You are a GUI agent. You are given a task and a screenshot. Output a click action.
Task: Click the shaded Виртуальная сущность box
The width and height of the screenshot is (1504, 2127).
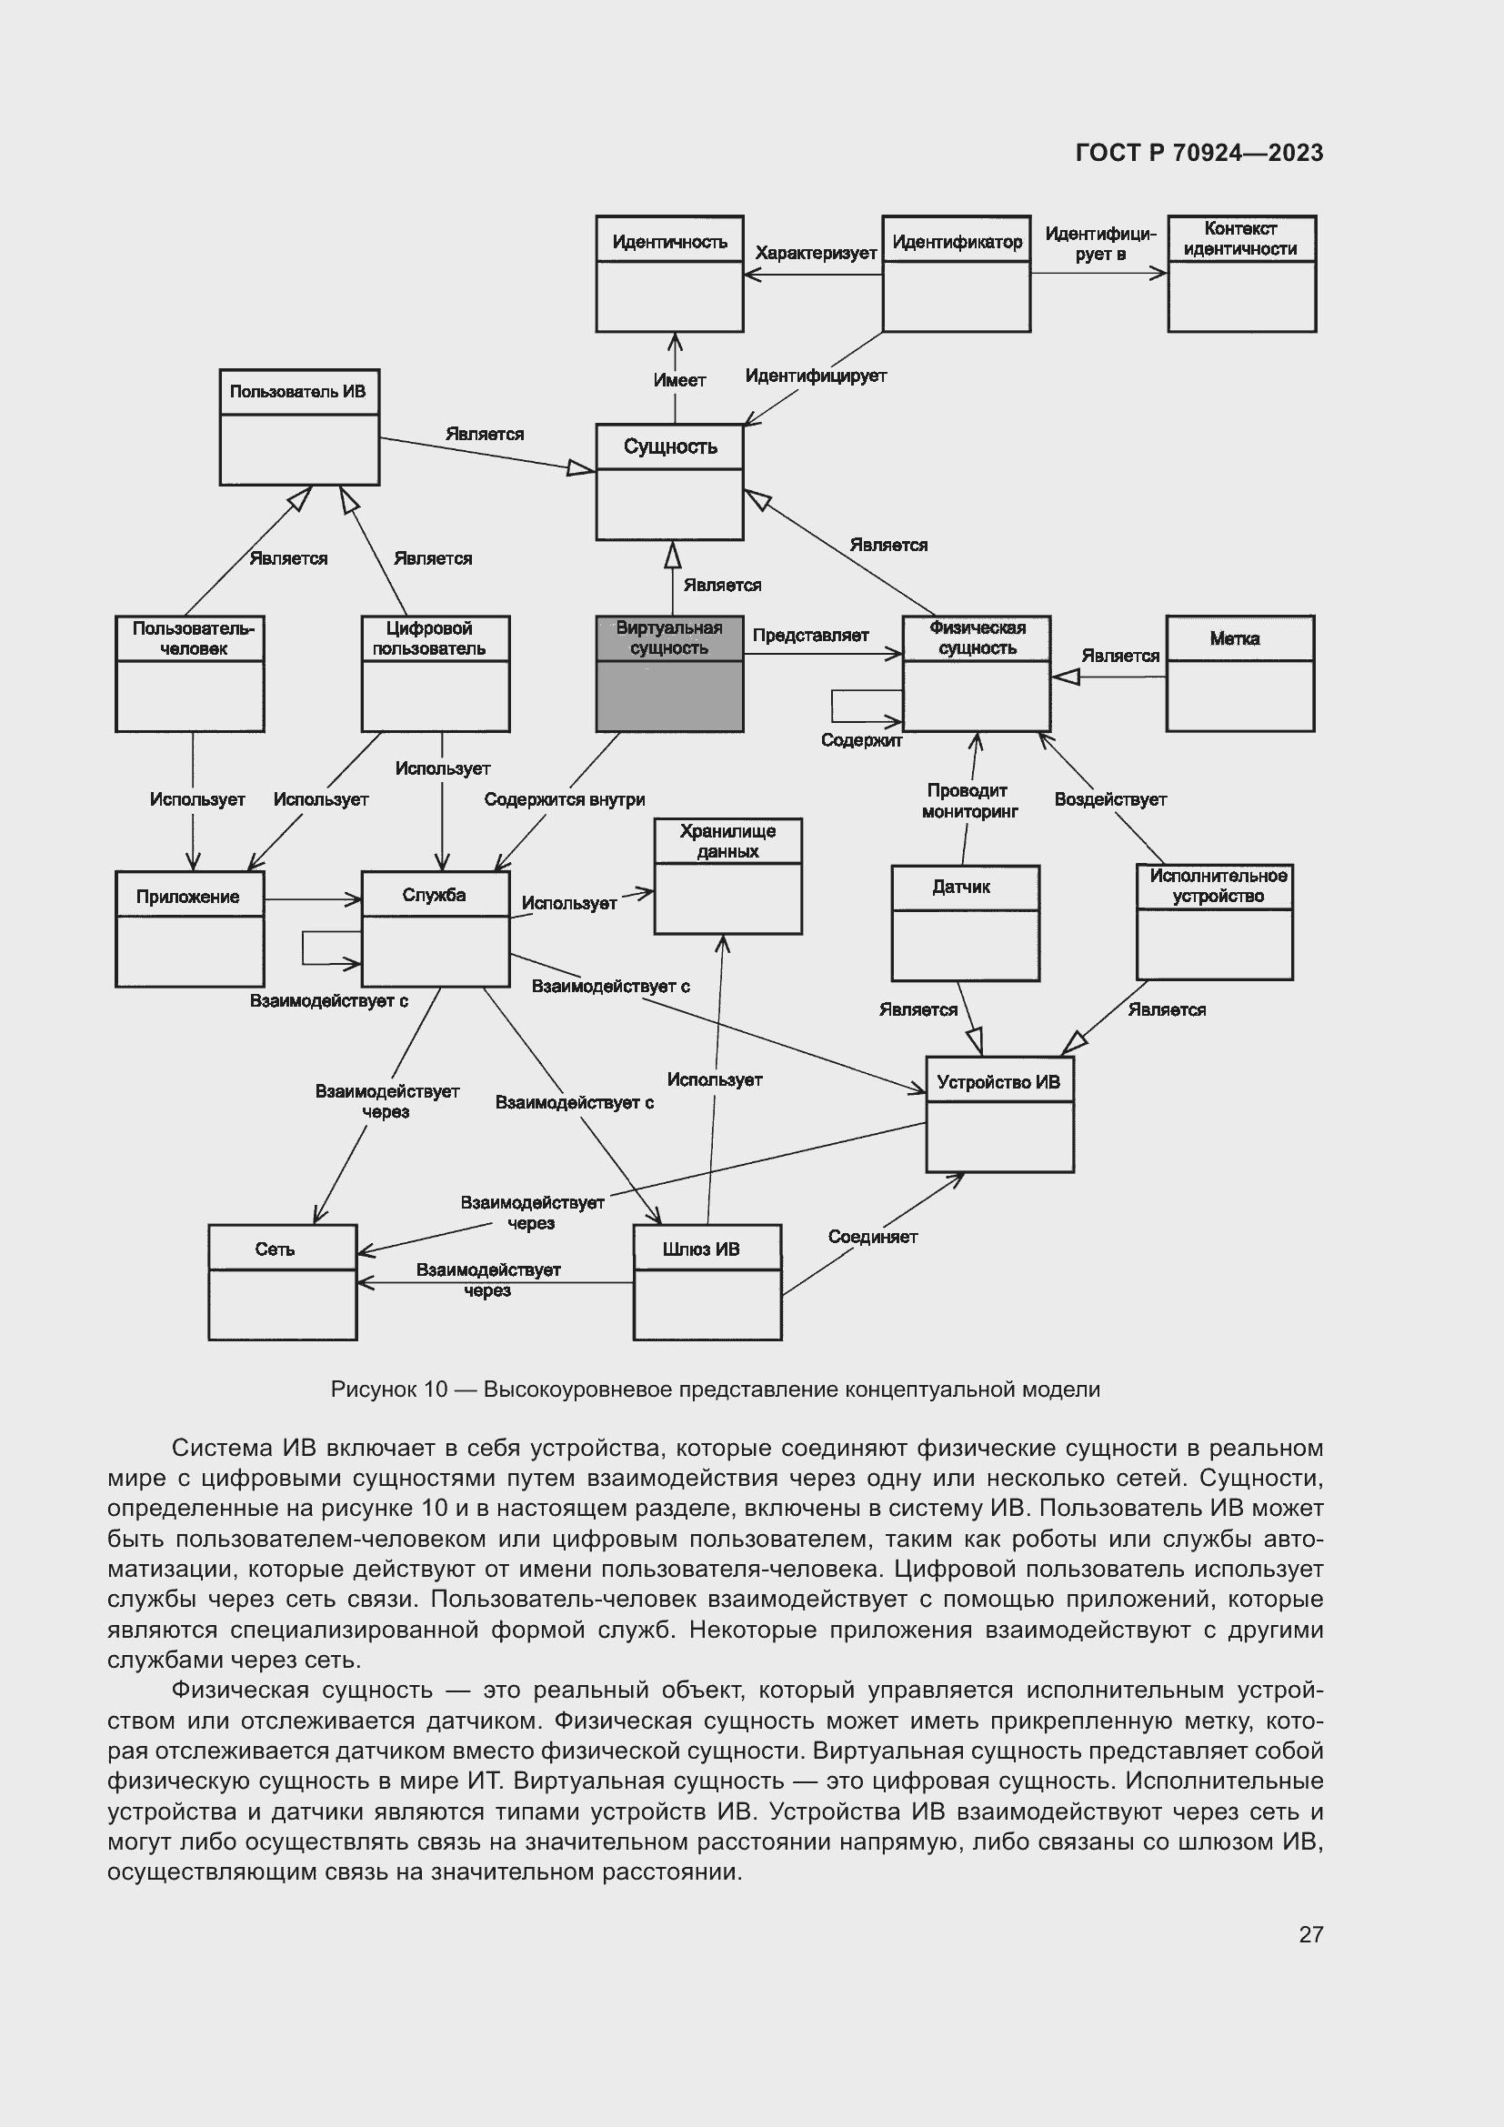668,674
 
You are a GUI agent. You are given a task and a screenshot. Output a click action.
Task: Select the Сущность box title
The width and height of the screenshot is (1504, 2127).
669,446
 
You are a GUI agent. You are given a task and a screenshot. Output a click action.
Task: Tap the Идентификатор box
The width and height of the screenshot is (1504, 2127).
956,274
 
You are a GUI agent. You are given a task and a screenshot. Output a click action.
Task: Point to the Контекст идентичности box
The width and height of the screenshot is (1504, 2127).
1241,274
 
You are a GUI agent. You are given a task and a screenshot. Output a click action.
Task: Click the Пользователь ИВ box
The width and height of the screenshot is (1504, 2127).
299,426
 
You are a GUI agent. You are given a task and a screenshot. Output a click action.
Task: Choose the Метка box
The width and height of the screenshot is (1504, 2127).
1239,674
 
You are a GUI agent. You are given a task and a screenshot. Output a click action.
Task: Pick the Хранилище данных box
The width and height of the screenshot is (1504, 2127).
728,876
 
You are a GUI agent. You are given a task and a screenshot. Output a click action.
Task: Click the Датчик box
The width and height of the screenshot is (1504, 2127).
965,923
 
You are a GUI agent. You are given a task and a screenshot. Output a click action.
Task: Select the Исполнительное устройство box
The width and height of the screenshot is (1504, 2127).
1214,922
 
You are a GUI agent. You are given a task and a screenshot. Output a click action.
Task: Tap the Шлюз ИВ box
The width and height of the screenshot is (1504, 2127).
707,1281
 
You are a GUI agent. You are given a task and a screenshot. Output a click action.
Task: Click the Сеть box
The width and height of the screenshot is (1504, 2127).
283,1281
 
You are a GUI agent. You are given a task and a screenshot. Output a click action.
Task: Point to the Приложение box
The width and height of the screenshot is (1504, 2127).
190,928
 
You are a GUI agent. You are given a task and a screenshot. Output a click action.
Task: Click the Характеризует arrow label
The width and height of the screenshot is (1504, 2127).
815,253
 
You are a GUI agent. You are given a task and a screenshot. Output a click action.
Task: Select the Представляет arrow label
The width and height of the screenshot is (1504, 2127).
810,636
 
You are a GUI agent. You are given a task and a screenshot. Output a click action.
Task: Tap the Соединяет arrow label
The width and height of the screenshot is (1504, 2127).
872,1237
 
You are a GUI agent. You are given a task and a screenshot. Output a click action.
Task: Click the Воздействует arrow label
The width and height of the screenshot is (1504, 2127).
1109,799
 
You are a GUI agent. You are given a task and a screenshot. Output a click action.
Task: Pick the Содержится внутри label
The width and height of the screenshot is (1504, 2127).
564,799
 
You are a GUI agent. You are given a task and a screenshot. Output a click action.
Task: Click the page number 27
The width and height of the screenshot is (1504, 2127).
1310,1934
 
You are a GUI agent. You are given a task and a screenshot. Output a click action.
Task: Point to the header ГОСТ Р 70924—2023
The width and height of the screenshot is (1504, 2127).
1198,153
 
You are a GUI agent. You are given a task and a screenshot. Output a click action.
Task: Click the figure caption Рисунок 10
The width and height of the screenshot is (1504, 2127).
714,1390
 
